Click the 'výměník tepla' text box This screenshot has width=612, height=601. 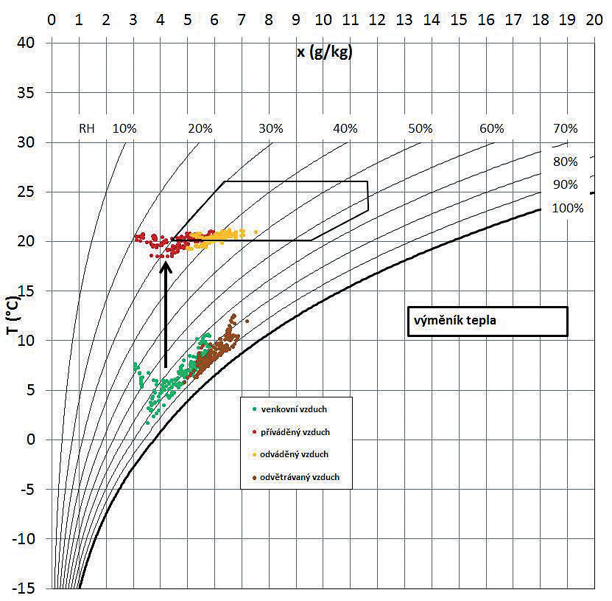click(x=487, y=322)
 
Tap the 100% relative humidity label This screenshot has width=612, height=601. click(x=567, y=208)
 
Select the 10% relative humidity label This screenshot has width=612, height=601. click(x=124, y=128)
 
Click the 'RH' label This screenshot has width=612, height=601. click(x=87, y=128)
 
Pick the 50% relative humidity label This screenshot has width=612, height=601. click(x=420, y=128)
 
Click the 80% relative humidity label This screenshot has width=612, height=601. click(x=565, y=161)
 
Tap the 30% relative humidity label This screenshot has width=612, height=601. click(x=270, y=128)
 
